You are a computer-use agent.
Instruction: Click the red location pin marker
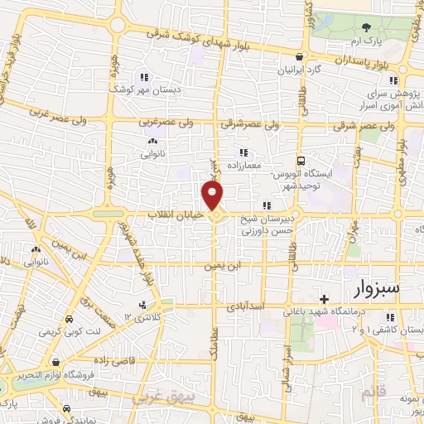pyautogui.click(x=214, y=195)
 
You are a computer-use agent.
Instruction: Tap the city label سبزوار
pyautogui.click(x=365, y=289)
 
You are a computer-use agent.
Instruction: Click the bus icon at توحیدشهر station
pyautogui.click(x=301, y=161)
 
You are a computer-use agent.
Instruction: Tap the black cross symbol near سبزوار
pyautogui.click(x=324, y=298)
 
